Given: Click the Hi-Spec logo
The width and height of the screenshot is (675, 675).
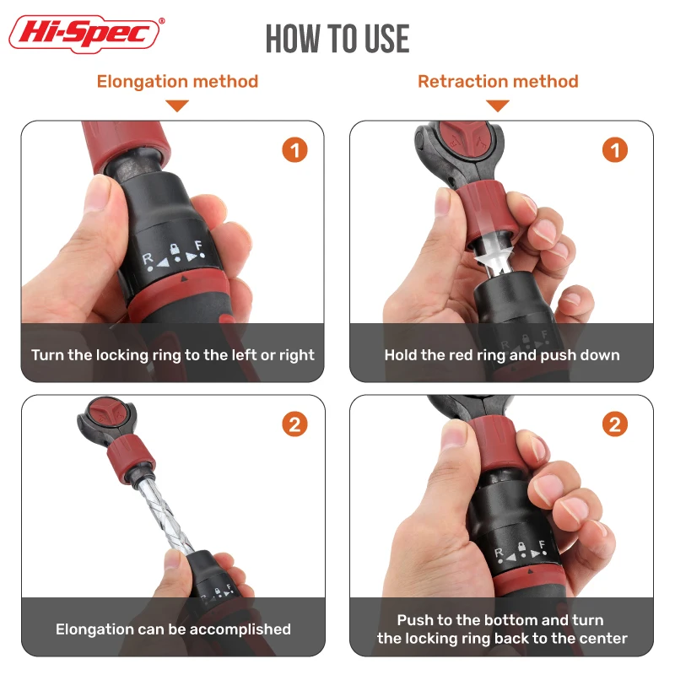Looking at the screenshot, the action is (x=86, y=34).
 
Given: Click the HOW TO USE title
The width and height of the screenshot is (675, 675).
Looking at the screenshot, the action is (x=337, y=39).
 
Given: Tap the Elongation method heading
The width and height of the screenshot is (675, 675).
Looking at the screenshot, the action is (x=177, y=81).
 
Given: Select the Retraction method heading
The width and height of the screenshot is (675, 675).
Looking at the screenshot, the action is (x=498, y=81).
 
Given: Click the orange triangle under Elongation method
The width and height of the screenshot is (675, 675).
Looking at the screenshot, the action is (x=177, y=105).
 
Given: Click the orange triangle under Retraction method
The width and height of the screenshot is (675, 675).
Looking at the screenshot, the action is (x=498, y=105).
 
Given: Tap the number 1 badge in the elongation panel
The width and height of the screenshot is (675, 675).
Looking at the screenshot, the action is (x=294, y=150).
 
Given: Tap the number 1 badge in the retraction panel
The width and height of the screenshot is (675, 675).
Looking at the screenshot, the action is (x=615, y=150).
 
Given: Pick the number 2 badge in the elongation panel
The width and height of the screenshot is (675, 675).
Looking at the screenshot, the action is (x=294, y=424).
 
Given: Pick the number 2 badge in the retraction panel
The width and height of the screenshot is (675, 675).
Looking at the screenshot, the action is (x=615, y=424).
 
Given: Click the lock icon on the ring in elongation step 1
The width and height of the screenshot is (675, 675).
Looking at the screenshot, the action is (x=175, y=249).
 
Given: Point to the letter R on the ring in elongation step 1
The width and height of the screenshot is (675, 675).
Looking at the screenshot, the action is (x=147, y=258).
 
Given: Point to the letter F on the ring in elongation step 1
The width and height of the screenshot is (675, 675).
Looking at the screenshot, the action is (x=198, y=246).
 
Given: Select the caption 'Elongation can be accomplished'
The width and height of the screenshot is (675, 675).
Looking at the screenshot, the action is (x=173, y=629).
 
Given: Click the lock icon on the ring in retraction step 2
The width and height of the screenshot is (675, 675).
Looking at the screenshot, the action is (x=521, y=547).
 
